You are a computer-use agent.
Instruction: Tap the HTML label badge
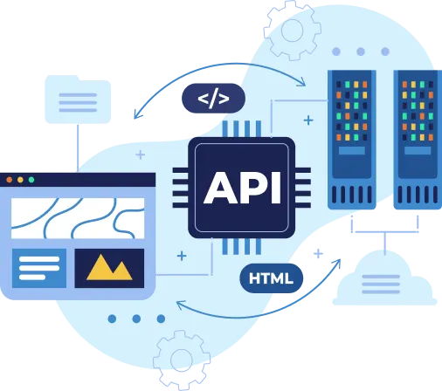point(271,278)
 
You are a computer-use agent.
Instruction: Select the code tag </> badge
point(213,99)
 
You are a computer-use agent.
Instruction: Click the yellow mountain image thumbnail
point(109,268)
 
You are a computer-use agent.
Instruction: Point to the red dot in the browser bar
point(10,180)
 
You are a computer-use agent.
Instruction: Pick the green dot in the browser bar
point(31,180)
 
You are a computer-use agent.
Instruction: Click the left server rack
point(352,140)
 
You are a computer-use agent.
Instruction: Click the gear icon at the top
point(290,31)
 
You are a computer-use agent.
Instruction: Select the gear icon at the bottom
point(182,358)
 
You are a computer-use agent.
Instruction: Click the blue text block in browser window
point(39,268)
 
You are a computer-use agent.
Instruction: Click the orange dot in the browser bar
point(20,180)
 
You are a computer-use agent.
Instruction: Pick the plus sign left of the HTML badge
point(182,256)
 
